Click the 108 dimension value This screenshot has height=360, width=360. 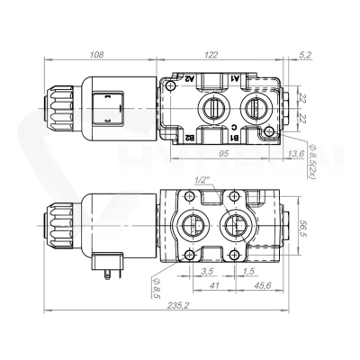96,55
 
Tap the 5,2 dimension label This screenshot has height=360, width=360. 305,55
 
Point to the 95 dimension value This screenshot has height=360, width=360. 223,154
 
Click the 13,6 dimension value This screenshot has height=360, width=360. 296,154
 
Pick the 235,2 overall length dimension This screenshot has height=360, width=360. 179,305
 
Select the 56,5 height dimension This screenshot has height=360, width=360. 303,227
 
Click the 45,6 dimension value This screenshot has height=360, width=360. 263,285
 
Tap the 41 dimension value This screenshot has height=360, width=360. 213,285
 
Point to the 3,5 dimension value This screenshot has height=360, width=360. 207,271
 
